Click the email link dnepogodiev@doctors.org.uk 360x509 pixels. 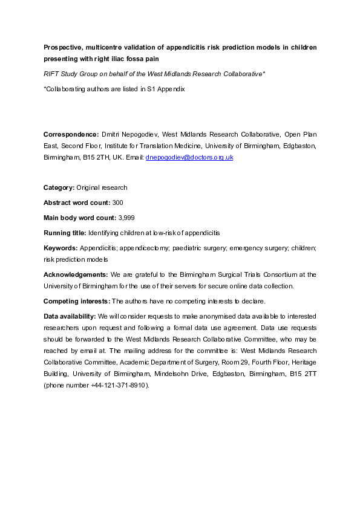pyautogui.click(x=189, y=157)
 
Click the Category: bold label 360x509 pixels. pyautogui.click(x=59, y=187)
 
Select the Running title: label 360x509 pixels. pyautogui.click(x=65, y=233)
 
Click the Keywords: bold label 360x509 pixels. pyautogui.click(x=60, y=248)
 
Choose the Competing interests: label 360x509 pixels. pyautogui.click(x=77, y=300)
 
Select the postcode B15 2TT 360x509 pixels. pyautogui.click(x=303, y=374)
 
